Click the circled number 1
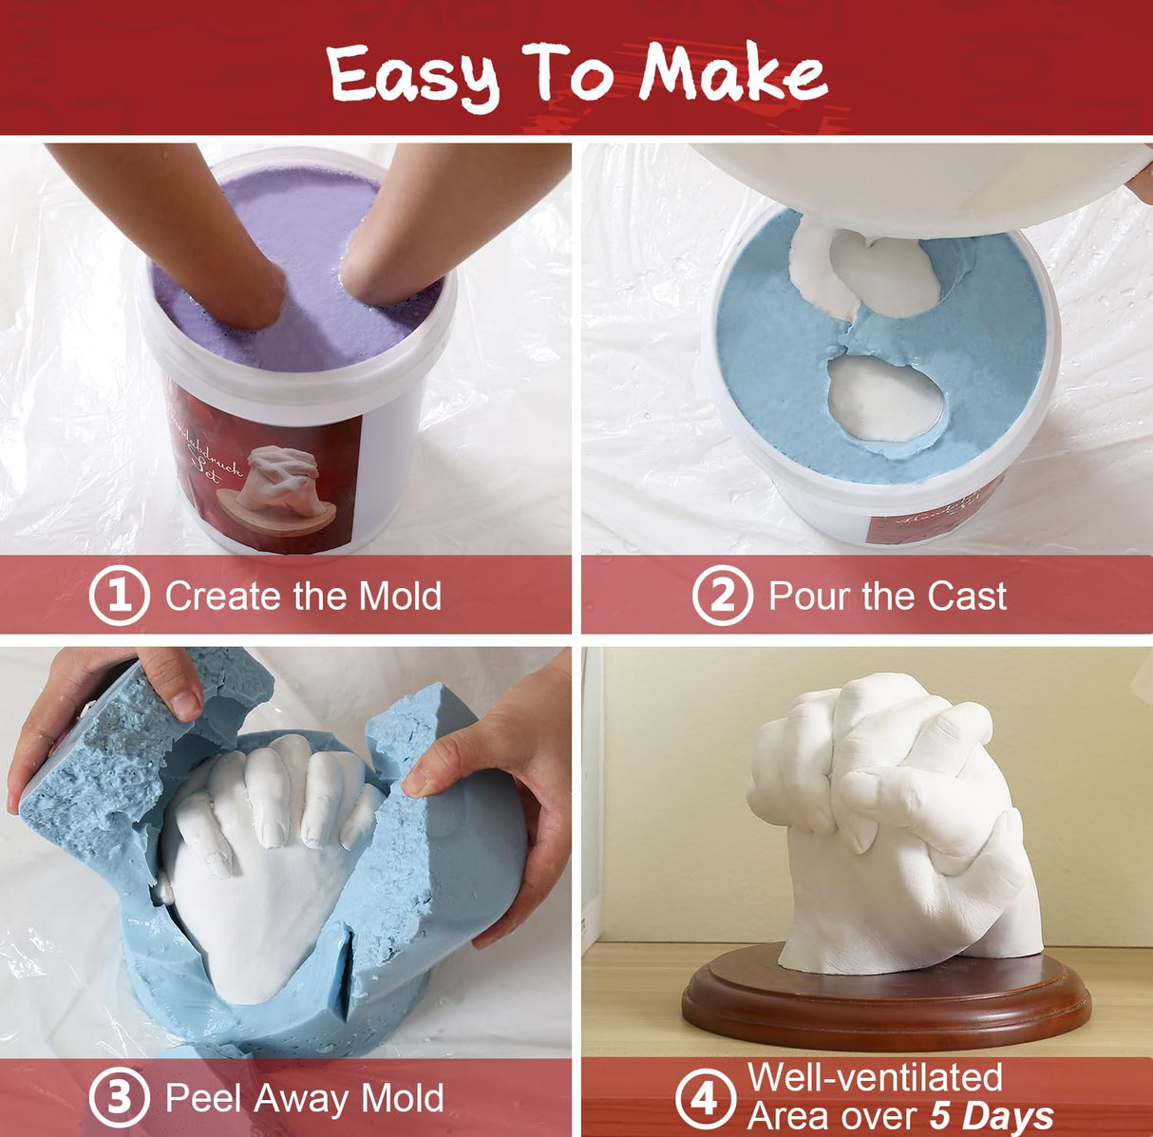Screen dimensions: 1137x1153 pos(119,596)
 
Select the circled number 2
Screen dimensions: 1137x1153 pos(722,596)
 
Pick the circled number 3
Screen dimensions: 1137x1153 pos(119,1098)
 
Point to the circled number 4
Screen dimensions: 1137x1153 pos(705,1099)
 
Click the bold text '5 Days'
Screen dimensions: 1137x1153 pos(992,1116)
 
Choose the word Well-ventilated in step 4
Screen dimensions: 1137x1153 pos(875,1077)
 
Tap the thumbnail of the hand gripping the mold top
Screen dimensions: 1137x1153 pos(184,704)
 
